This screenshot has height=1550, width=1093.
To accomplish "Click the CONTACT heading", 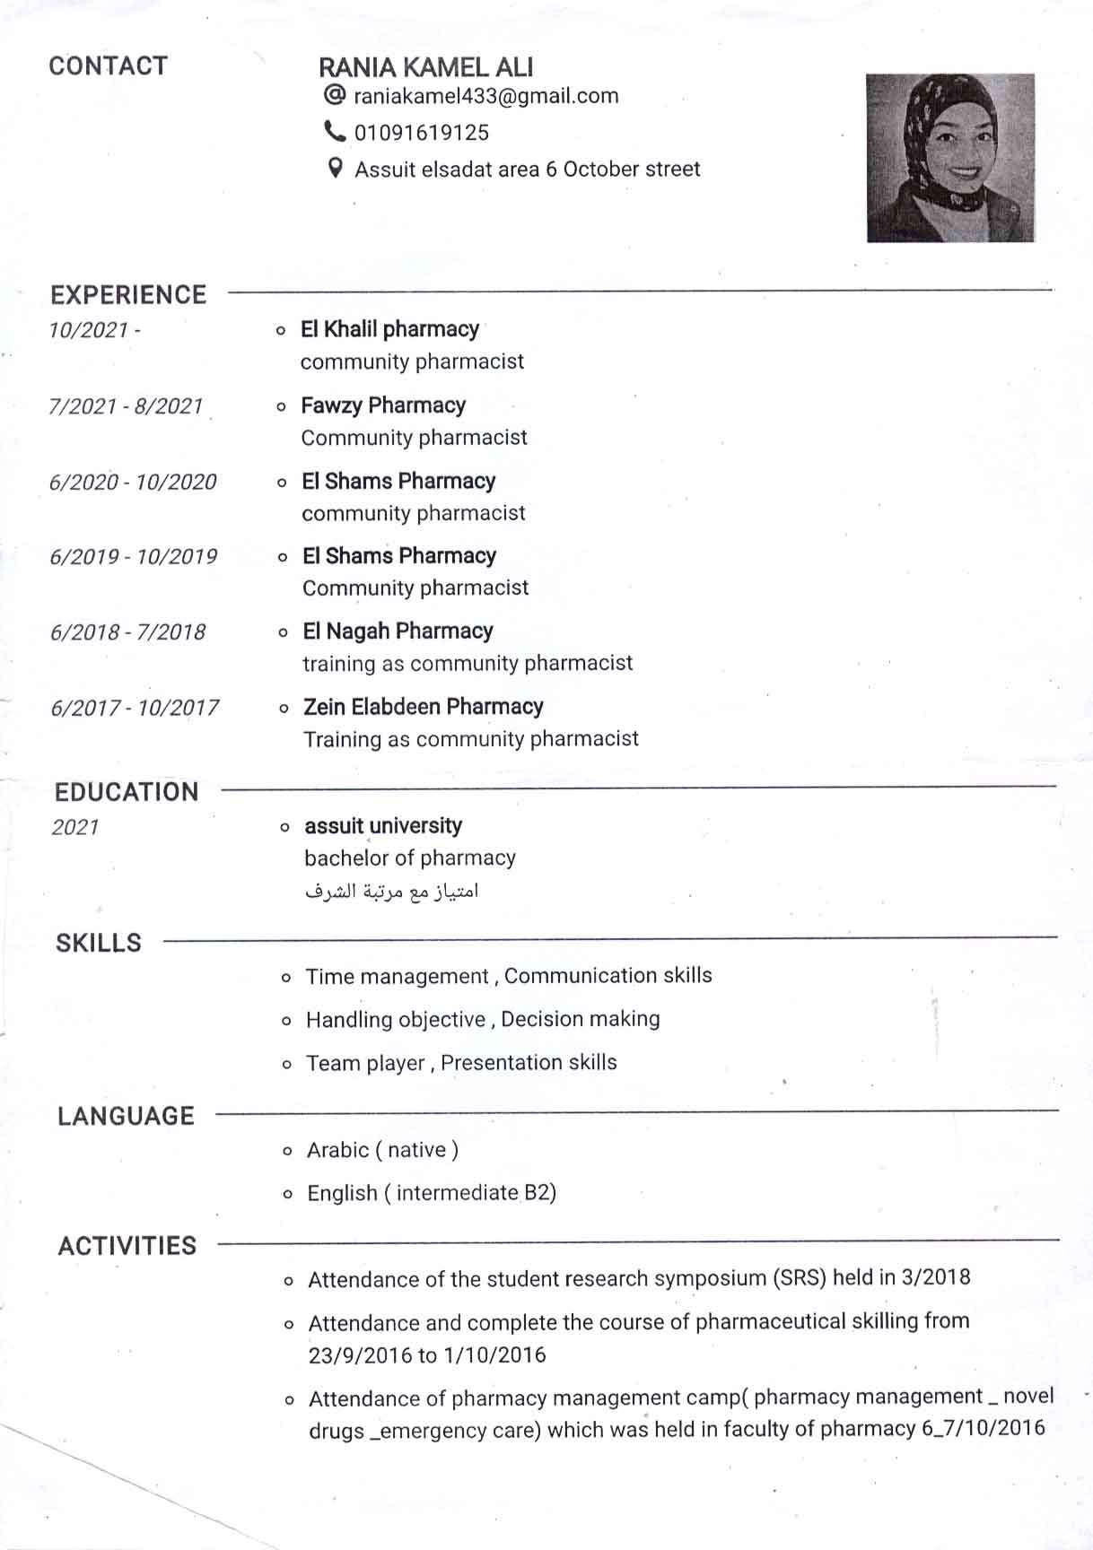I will pos(108,66).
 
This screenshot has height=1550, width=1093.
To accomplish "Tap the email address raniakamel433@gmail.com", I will pos(485,96).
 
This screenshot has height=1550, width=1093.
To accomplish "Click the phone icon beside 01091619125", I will pos(334,132).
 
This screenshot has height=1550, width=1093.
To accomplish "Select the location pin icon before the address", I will pos(335,168).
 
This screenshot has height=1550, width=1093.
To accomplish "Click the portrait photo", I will pos(949,158).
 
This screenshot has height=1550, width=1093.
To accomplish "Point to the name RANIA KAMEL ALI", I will pos(425,67).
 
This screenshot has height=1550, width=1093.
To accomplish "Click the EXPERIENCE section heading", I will pos(128,295).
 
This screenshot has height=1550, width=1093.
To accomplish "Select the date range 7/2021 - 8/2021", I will pos(126,406).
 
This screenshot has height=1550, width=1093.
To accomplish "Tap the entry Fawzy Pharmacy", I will pos(383,405).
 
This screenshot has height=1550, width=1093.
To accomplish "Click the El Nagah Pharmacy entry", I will pos(398,631).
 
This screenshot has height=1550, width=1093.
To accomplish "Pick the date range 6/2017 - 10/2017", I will pos(135,708).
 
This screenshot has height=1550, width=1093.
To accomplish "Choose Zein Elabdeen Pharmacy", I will pos(423,707).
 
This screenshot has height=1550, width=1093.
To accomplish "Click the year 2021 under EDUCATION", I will pos(75,827).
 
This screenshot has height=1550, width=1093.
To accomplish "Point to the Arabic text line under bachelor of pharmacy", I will pos(391,892).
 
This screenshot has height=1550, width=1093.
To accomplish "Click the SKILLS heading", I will pos(99,943).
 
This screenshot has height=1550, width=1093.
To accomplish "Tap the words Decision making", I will pos(581,1019).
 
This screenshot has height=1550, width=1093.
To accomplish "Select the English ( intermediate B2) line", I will pos(432,1193).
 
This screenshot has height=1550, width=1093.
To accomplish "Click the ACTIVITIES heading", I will pos(127,1246).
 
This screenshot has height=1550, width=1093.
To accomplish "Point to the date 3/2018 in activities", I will pos(936,1276).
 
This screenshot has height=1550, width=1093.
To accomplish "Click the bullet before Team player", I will pos(286,1065).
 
